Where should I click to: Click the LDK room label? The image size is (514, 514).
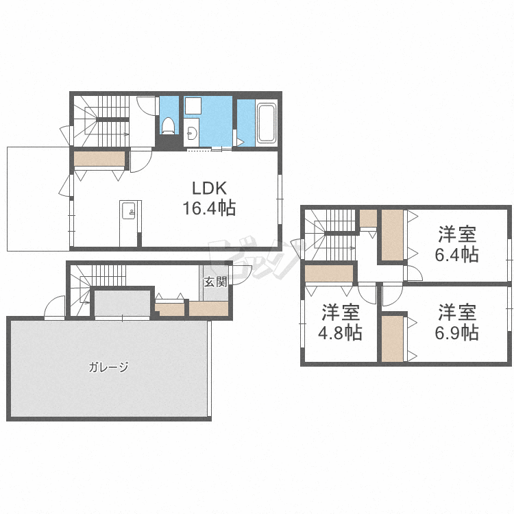pyautogui.click(x=209, y=188)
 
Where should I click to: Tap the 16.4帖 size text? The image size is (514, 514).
pyautogui.click(x=209, y=208)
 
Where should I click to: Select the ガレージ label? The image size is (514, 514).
pyautogui.click(x=108, y=367)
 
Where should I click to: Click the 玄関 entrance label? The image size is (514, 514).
pyautogui.click(x=215, y=282)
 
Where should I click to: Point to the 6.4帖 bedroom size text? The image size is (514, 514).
pyautogui.click(x=457, y=254)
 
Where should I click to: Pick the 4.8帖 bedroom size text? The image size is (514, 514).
pyautogui.click(x=340, y=332)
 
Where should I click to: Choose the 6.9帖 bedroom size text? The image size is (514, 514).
pyautogui.click(x=457, y=332)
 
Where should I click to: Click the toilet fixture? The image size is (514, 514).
pyautogui.click(x=169, y=126)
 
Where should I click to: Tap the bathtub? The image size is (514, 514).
pyautogui.click(x=267, y=123)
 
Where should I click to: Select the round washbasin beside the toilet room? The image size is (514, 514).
pyautogui.click(x=191, y=133)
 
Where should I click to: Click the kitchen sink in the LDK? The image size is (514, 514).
pyautogui.click(x=129, y=210)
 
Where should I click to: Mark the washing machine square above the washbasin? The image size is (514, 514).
pyautogui.click(x=193, y=106)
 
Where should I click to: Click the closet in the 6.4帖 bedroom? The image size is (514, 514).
pyautogui.click(x=393, y=235)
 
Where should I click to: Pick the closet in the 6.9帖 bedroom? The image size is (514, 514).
pyautogui.click(x=393, y=339)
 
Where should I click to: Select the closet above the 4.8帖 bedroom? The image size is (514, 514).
pyautogui.click(x=329, y=273)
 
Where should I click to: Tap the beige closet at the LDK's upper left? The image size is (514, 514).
pyautogui.click(x=99, y=159)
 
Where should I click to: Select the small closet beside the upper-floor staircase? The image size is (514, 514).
pyautogui.click(x=368, y=219)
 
